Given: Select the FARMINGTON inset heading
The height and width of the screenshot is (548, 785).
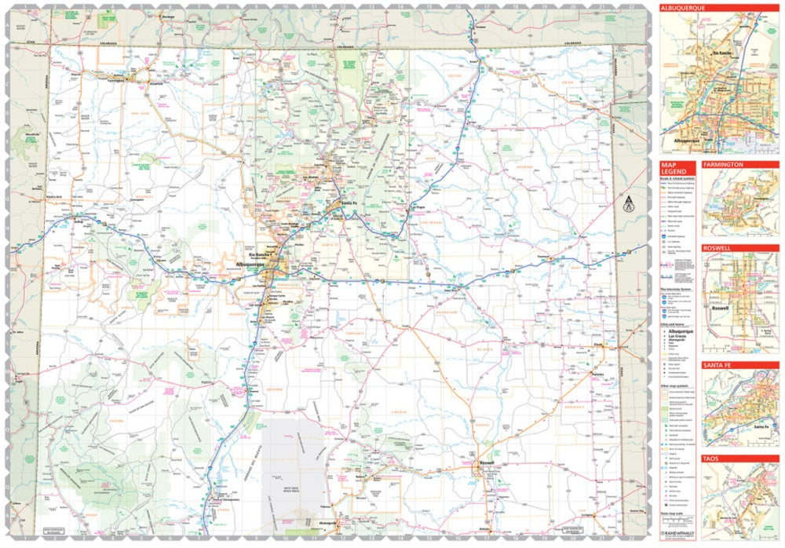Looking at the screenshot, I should coord(724,165).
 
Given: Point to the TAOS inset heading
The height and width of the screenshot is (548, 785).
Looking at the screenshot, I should coord(712,458).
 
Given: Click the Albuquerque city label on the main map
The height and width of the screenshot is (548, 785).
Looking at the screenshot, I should coord(251,266).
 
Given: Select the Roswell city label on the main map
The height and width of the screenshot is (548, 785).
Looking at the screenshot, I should coord(487,462).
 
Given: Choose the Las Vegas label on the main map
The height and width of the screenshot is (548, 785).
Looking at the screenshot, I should coord(414,207).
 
